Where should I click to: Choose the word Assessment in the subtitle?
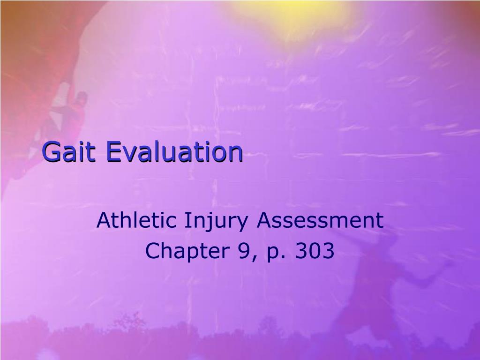pyautogui.click(x=320, y=220)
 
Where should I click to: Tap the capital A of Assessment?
pyautogui.click(x=264, y=220)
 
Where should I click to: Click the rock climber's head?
pyautogui.click(x=81, y=98)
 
